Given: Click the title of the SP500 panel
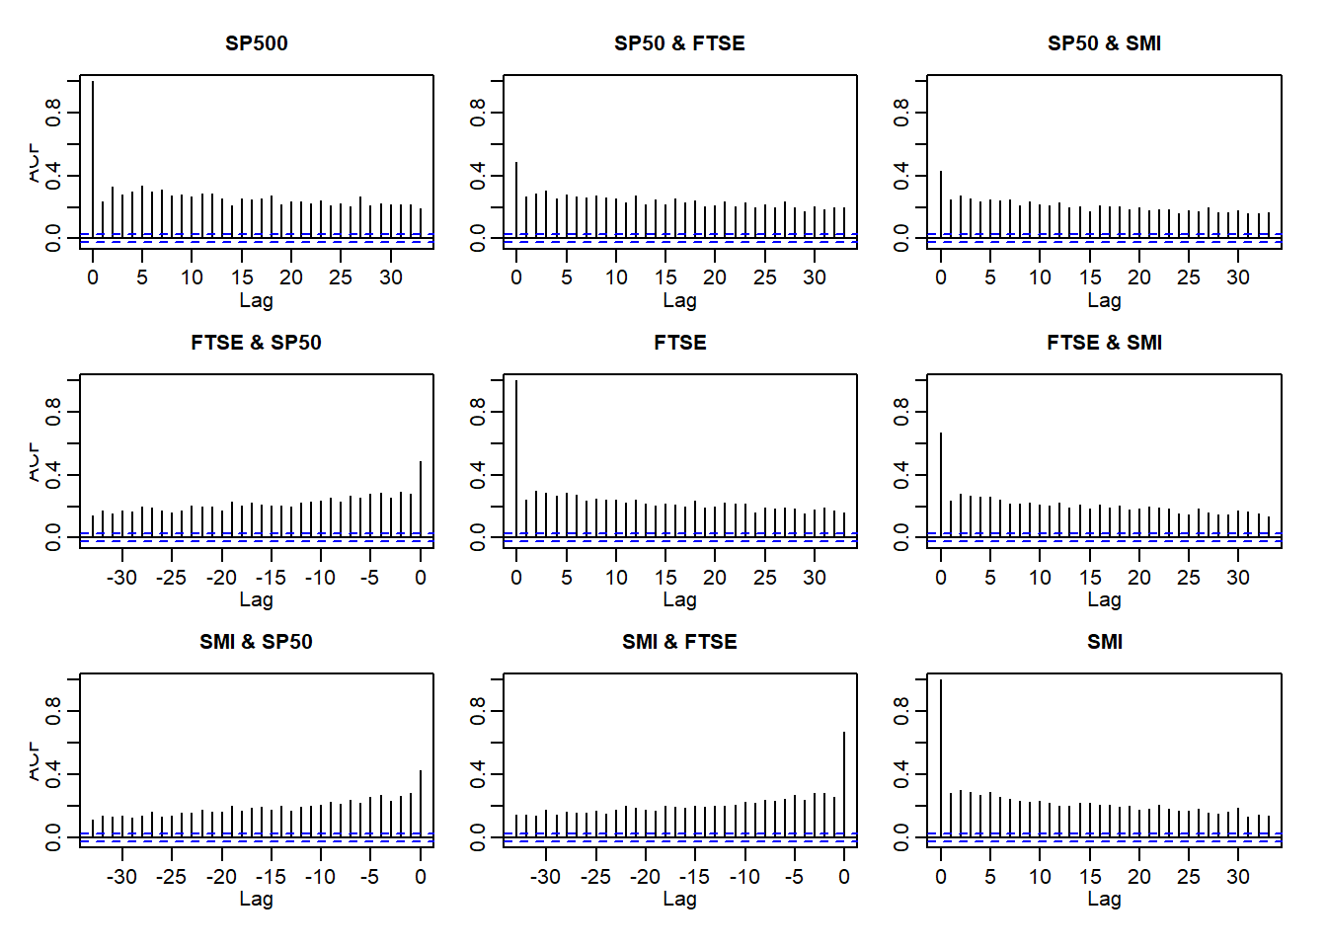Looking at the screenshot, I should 256,43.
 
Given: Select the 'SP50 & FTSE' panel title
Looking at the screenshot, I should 679,43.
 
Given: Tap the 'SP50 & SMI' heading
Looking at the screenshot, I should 1104,43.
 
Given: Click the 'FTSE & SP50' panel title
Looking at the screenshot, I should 256,343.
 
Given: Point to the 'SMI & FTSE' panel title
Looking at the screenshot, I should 679,642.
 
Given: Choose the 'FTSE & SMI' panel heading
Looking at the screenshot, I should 1104,343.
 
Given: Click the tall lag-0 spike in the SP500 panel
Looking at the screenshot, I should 93,158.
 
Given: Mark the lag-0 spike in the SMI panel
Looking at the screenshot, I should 941,756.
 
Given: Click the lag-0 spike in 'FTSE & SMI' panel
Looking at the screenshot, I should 941,484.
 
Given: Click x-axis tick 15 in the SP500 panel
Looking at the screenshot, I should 242,277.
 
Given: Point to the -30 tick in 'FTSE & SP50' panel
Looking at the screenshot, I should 122,578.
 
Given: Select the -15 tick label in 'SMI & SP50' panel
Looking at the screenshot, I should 271,877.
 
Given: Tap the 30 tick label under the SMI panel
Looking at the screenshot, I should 1238,877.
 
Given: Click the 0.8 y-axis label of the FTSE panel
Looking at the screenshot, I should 478,411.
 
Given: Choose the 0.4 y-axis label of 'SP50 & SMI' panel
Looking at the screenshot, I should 901,177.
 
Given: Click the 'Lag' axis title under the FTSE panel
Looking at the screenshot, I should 679,599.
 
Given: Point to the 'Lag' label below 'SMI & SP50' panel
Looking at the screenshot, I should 256,899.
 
